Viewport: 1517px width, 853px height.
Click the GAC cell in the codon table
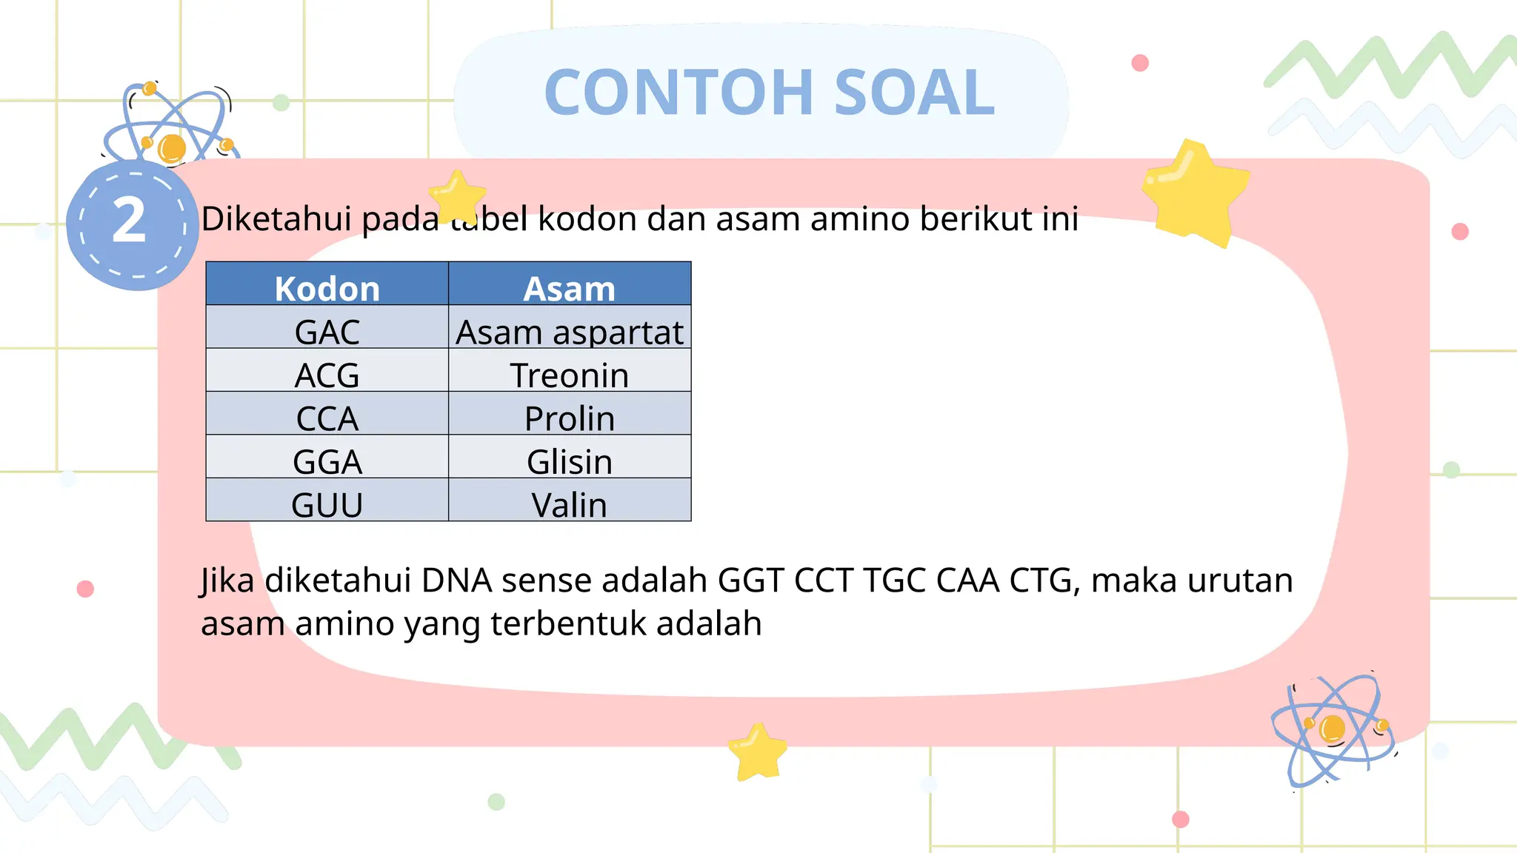pyautogui.click(x=327, y=331)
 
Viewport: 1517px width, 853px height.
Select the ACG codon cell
pyautogui.click(x=327, y=374)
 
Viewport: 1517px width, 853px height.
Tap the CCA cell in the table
pyautogui.click(x=327, y=418)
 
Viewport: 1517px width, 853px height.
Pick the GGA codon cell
pyautogui.click(x=327, y=461)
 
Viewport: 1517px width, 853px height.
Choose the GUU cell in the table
pyautogui.click(x=327, y=504)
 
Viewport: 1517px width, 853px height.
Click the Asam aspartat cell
pyautogui.click(x=570, y=331)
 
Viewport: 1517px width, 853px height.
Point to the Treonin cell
pyautogui.click(x=570, y=374)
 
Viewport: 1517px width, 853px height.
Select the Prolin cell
pyautogui.click(x=570, y=418)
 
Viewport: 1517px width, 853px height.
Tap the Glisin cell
pyautogui.click(x=570, y=461)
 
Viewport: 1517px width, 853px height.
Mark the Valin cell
pyautogui.click(x=570, y=504)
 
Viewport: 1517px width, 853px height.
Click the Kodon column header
pyautogui.click(x=327, y=287)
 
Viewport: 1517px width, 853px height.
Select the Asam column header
pyautogui.click(x=570, y=287)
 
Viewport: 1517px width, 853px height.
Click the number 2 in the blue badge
pyautogui.click(x=130, y=221)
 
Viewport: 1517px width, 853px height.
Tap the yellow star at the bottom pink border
pyautogui.click(x=757, y=752)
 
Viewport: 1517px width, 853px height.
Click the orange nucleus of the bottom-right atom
pyautogui.click(x=1333, y=728)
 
